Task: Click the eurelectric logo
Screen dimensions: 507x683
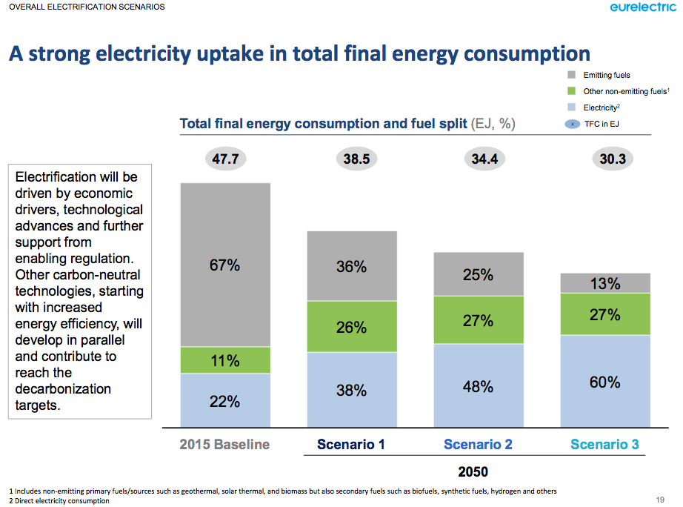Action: point(642,8)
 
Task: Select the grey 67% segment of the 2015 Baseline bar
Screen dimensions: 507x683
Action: point(225,265)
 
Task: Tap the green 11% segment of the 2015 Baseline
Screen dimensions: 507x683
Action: point(225,360)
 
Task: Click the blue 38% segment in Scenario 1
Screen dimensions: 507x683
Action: point(352,389)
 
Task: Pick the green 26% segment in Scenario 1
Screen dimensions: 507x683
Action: point(352,326)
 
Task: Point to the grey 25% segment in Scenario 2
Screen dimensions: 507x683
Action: point(479,274)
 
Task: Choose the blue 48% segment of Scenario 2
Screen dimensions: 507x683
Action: point(479,385)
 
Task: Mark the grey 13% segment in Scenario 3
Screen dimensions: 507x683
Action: point(605,283)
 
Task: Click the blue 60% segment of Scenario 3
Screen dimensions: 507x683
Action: point(605,382)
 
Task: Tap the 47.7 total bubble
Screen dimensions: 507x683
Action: point(225,159)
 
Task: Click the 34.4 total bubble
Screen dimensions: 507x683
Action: point(479,159)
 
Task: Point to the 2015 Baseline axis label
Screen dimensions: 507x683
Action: point(225,445)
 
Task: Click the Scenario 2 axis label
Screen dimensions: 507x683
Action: point(479,445)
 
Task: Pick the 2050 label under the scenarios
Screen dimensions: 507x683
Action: point(473,471)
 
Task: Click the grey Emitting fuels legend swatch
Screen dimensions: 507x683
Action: point(571,76)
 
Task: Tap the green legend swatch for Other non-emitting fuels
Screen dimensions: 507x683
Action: point(571,92)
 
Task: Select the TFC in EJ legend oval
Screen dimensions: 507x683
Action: point(571,124)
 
